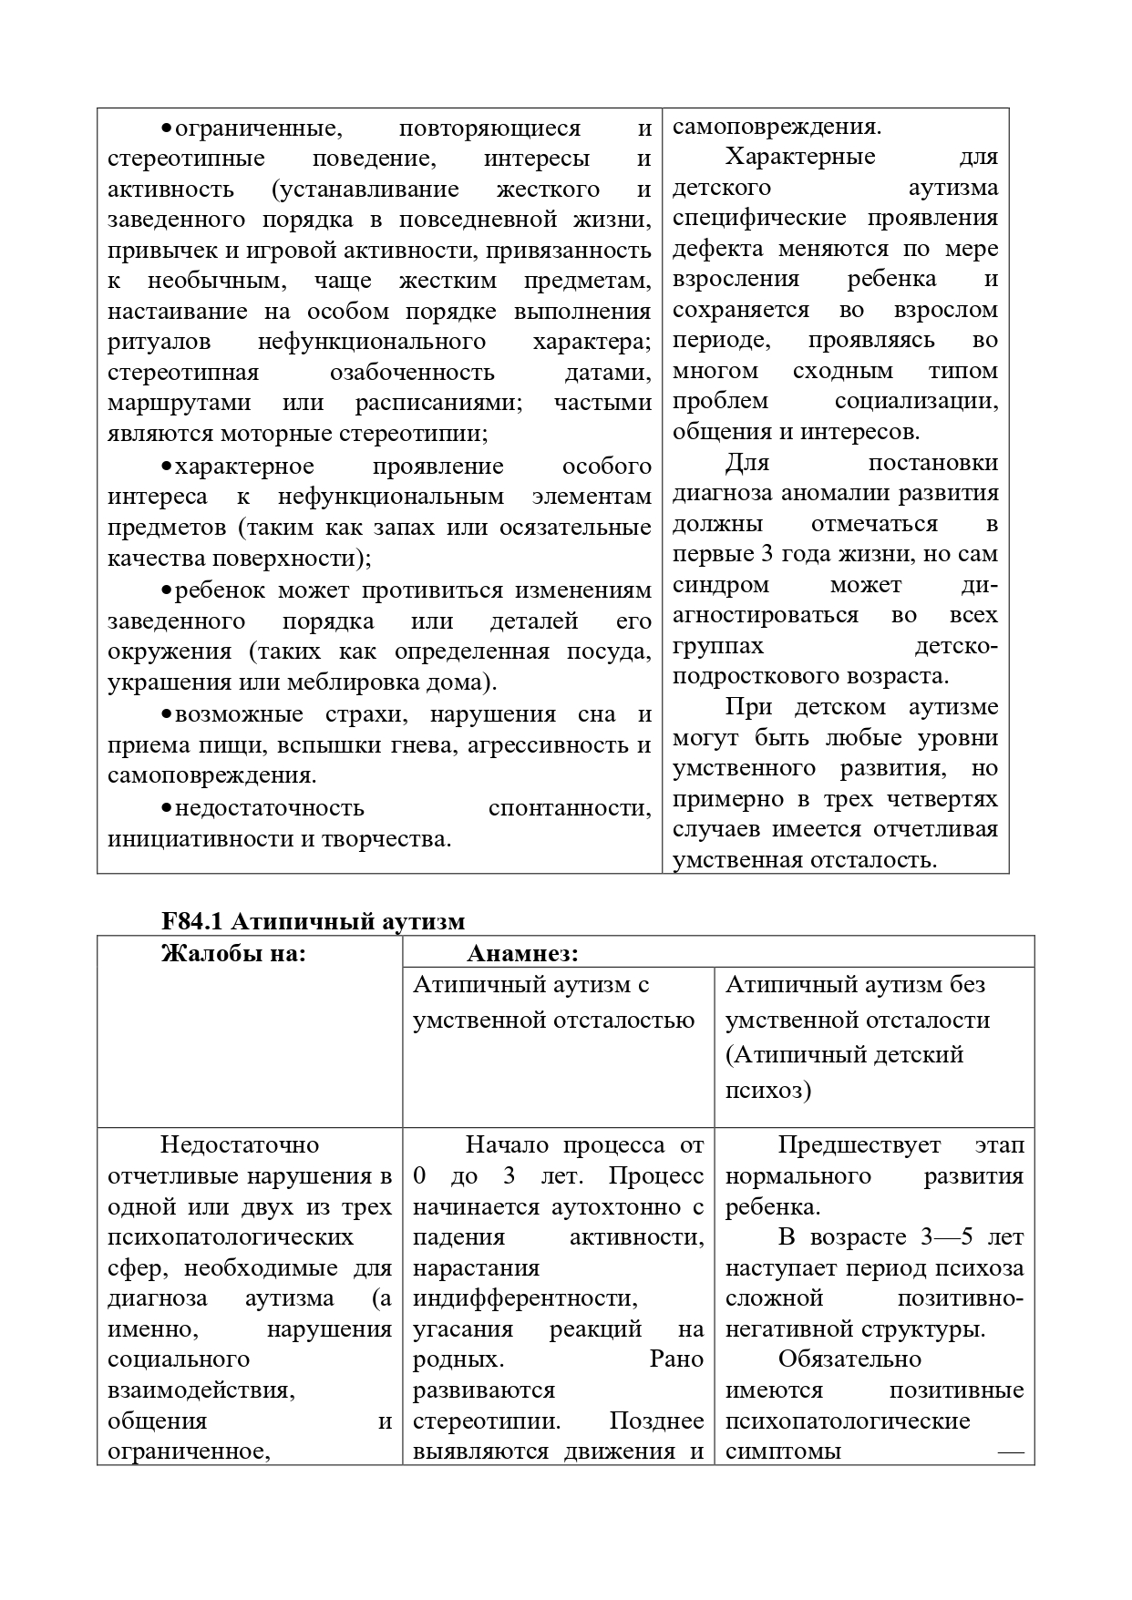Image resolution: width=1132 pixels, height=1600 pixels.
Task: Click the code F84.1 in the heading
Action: [192, 921]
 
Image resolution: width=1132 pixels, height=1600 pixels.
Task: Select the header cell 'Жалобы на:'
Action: [232, 954]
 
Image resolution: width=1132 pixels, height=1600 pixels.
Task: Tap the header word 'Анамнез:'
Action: [522, 954]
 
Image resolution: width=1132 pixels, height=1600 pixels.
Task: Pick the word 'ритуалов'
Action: [159, 342]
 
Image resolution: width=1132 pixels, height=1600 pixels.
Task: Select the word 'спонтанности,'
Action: [570, 808]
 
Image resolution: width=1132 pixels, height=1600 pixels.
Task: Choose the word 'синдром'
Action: [720, 584]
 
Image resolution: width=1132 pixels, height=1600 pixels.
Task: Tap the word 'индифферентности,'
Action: [525, 1297]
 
